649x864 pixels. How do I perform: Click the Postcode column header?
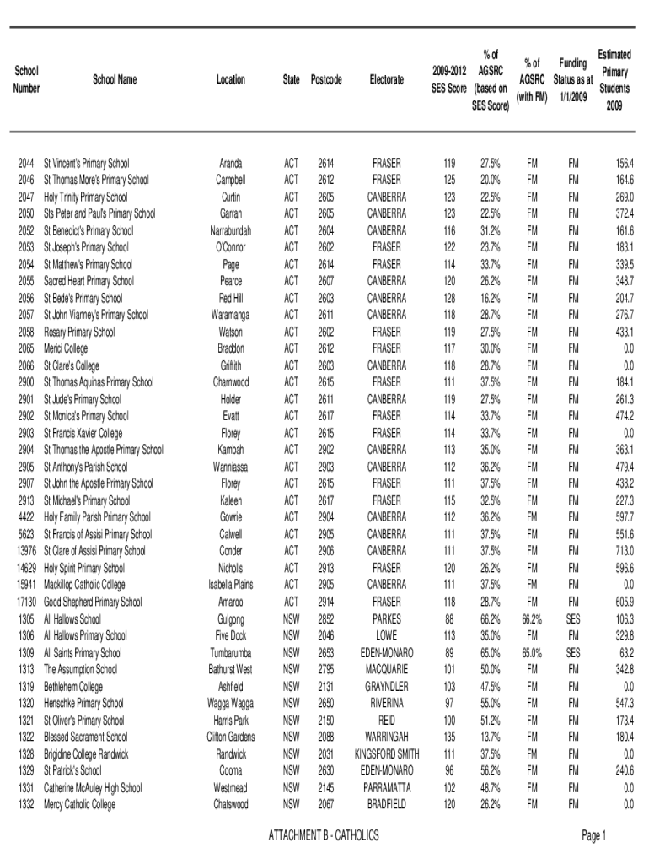click(x=326, y=80)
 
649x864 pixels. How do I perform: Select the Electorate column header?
click(x=387, y=80)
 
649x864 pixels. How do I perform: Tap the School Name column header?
click(x=115, y=80)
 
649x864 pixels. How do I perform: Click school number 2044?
click(x=25, y=163)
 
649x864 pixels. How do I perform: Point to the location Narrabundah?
click(x=230, y=230)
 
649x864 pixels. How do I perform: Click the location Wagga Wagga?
click(x=230, y=703)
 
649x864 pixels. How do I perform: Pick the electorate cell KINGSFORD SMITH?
click(x=387, y=753)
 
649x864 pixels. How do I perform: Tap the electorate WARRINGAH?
click(x=387, y=737)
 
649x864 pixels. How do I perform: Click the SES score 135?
click(x=449, y=737)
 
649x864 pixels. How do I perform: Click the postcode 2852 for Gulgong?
click(x=326, y=618)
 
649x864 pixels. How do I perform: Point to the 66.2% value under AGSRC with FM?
click(x=531, y=618)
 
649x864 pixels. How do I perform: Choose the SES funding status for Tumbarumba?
click(x=573, y=652)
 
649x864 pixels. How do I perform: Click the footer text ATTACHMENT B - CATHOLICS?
click(x=324, y=835)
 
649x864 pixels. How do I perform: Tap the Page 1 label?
click(x=593, y=835)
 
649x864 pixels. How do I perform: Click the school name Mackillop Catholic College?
click(x=84, y=585)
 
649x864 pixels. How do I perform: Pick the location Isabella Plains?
click(x=230, y=585)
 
